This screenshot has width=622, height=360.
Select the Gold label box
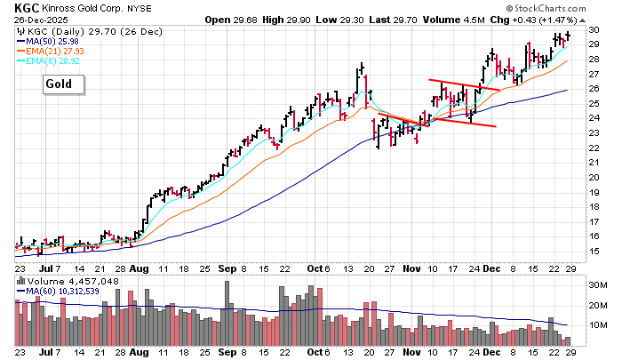point(65,84)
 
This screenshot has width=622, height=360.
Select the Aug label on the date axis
point(140,267)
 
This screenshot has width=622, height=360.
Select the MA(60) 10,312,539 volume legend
point(62,292)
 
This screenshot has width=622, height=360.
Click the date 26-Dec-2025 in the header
point(39,20)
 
